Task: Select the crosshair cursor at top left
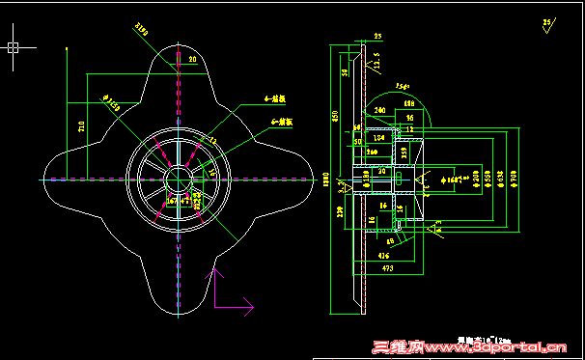point(15,45)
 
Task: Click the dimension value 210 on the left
point(81,125)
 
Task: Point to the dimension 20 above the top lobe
point(192,60)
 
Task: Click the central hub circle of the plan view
point(180,180)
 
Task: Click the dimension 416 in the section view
point(385,255)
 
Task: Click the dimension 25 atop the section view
point(377,36)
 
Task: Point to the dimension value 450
point(335,117)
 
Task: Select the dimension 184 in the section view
point(379,138)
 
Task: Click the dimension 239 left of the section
point(339,211)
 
